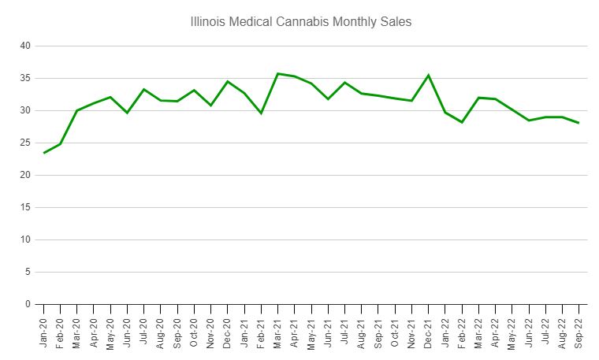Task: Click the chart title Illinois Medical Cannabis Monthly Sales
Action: [300, 22]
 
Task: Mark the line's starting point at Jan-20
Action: [44, 153]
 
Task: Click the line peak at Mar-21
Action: [277, 73]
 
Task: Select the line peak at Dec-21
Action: [428, 76]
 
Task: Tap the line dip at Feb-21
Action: [261, 113]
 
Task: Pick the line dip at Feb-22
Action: [462, 122]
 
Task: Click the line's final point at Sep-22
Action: [579, 123]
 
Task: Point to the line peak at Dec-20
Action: [228, 81]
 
